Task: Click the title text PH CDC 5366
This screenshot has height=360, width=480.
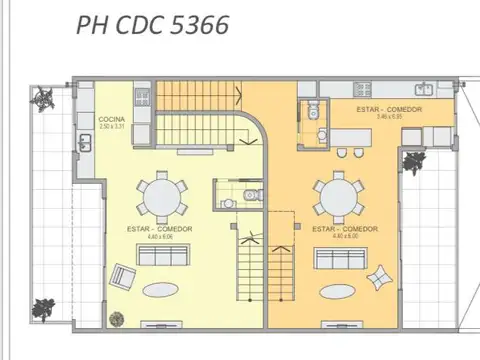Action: coord(151,25)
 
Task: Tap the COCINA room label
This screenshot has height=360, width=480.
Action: coord(110,118)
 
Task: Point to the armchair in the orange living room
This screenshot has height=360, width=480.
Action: coord(380,277)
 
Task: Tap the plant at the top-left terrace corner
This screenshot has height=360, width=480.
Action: coord(46,98)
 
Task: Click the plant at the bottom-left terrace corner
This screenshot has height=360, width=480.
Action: coord(43,307)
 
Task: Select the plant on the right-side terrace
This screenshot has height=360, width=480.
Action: coord(412,160)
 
